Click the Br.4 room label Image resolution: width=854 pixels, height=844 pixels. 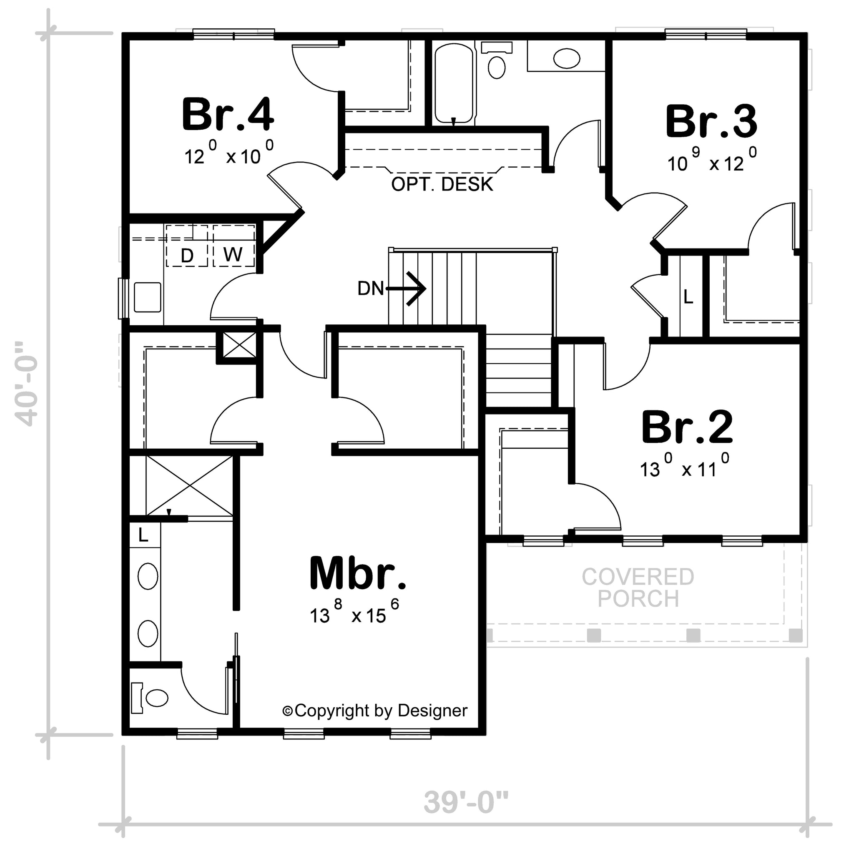(228, 115)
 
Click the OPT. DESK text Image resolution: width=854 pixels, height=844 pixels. (442, 184)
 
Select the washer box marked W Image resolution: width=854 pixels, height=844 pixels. (234, 246)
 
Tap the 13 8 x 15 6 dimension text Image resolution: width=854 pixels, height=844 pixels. (354, 611)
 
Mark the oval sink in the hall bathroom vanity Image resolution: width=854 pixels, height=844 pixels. (567, 58)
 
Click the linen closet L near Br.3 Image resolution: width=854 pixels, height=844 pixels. (688, 297)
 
